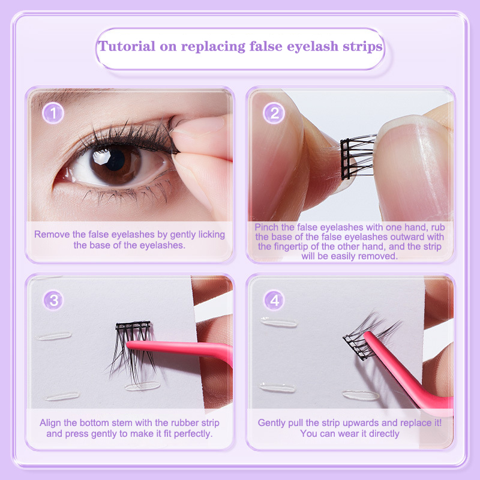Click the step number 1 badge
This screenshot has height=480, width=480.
point(53,113)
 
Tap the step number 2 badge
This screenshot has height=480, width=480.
point(274,113)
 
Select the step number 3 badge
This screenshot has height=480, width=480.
point(53,301)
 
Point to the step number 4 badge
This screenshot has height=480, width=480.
point(274,301)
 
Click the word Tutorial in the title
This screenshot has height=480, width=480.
point(127,46)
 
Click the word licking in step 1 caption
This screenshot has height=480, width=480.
point(212,235)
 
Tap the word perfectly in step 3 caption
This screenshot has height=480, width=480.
point(193,434)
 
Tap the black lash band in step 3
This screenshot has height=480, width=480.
point(133,325)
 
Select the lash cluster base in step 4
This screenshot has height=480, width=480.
point(355,347)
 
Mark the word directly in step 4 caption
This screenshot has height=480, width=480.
point(384,434)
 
